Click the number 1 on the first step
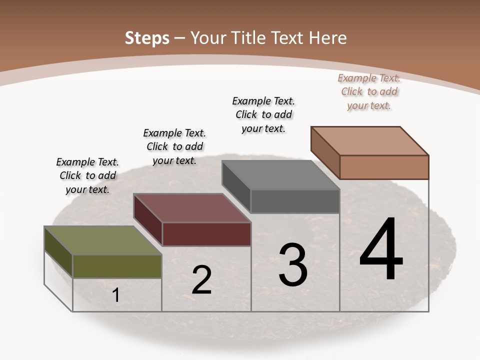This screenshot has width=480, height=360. pos(116,295)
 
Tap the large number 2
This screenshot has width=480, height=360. pos(201,280)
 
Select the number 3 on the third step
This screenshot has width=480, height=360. pos(293,265)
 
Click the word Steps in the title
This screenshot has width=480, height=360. pos(147,38)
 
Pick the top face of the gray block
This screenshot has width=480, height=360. pos(280,175)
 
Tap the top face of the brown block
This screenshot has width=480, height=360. pos(370,140)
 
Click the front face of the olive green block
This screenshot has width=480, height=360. pos(117,266)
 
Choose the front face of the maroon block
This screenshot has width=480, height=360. pos(206,234)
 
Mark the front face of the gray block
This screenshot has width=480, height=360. pos(295,201)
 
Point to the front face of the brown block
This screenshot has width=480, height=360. pos(384,167)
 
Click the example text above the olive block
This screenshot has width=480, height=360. pos(88,175)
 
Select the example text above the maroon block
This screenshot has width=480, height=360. pos(174,146)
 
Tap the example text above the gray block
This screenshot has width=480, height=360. pos(263,114)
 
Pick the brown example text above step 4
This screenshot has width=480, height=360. pos(369,91)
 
